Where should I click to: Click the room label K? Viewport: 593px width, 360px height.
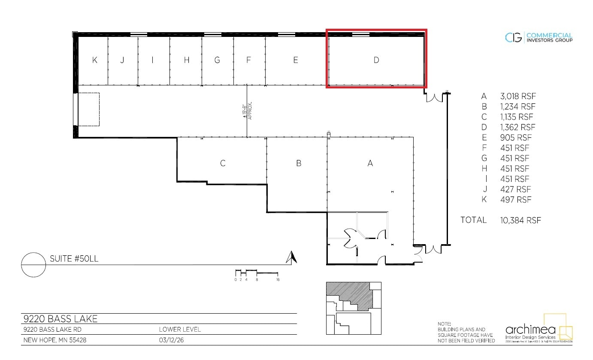point(95,60)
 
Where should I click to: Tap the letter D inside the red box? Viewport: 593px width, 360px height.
point(376,60)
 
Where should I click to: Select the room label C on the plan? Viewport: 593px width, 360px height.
point(223,163)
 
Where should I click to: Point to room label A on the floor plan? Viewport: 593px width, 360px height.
point(370,163)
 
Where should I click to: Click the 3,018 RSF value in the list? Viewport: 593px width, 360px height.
point(517,96)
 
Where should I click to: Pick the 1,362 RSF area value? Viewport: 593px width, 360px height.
point(517,127)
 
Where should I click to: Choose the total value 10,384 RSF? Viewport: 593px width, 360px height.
point(520,220)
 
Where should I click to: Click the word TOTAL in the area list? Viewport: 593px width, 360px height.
point(473,220)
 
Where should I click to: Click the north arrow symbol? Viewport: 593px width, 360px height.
point(292,257)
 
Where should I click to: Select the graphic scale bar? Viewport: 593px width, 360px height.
point(257,273)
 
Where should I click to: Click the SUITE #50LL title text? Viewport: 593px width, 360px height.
point(75,259)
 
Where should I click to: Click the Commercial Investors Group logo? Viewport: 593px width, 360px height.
point(539,38)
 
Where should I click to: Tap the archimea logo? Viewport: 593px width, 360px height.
point(539,330)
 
